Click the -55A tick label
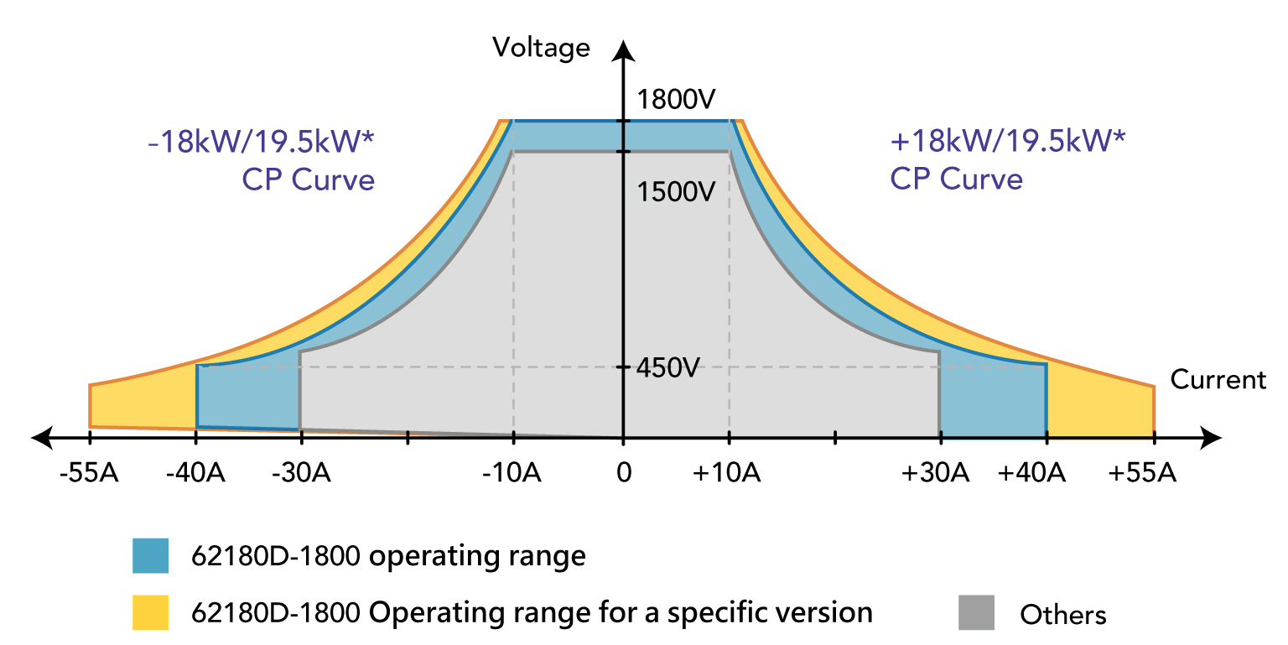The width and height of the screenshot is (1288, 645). pyautogui.click(x=89, y=474)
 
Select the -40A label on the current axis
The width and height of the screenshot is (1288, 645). pyautogui.click(x=195, y=474)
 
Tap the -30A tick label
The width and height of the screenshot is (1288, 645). pyautogui.click(x=301, y=474)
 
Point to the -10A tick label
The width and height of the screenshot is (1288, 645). pyautogui.click(x=512, y=474)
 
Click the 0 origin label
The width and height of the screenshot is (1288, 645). pyautogui.click(x=623, y=474)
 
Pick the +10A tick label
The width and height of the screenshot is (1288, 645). pyautogui.click(x=727, y=474)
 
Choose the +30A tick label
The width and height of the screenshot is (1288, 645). pyautogui.click(x=936, y=474)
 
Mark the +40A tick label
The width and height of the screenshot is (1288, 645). pyautogui.click(x=1031, y=474)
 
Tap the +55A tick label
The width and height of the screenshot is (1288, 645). pyautogui.click(x=1142, y=474)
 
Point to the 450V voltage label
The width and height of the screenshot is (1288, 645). pyautogui.click(x=667, y=367)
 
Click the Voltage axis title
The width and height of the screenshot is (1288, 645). pyautogui.click(x=541, y=47)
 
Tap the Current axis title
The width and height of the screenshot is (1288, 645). pyautogui.click(x=1218, y=379)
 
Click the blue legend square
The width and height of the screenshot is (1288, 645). pyautogui.click(x=150, y=556)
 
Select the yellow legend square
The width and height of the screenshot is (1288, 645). pyautogui.click(x=150, y=612)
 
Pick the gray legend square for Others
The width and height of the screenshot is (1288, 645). pyautogui.click(x=976, y=612)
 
